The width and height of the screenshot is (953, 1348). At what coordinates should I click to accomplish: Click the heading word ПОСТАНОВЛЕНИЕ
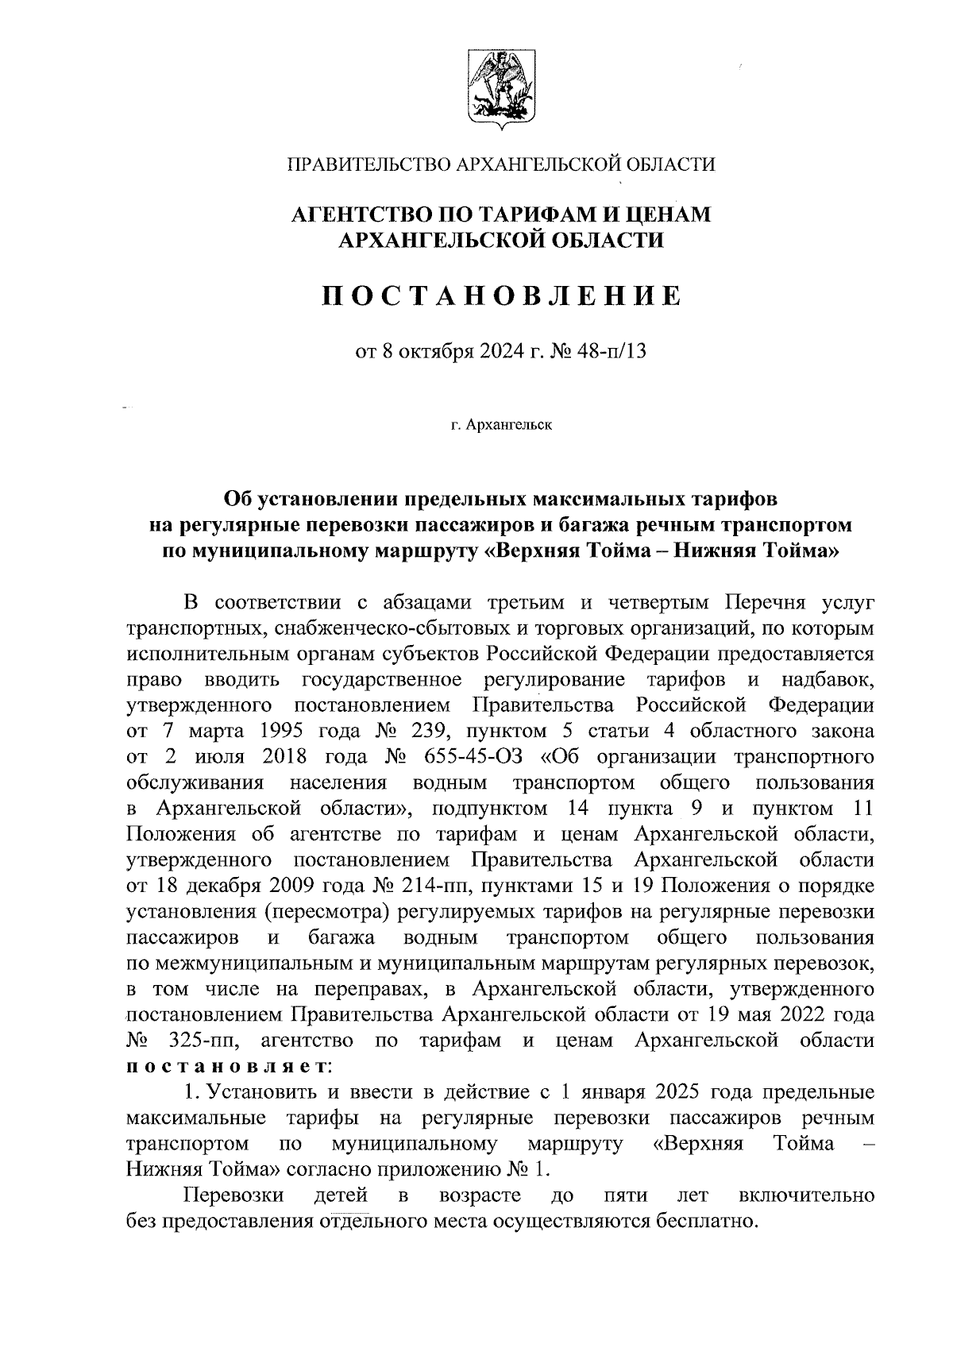pos(501,296)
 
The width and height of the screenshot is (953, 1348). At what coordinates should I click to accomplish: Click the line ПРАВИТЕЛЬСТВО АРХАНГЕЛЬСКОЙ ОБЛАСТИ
pos(501,164)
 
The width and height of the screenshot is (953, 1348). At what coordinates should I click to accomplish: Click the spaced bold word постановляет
pos(229,1066)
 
